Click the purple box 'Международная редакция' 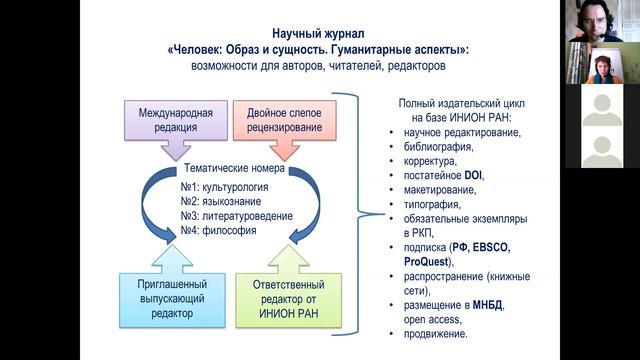click(167, 119)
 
